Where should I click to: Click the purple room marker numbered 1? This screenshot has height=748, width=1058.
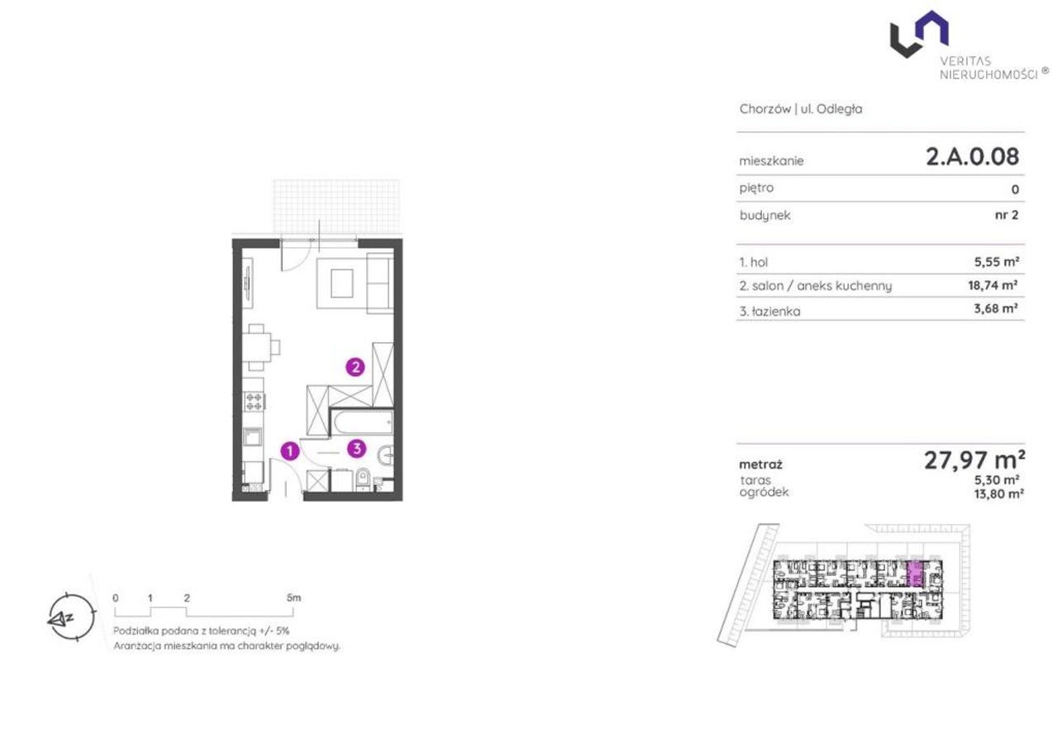pos(290,450)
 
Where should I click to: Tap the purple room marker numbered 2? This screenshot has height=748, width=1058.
pos(355,367)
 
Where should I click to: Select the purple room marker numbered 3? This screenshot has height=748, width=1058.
pos(356,448)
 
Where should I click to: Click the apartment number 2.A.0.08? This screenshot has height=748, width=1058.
pos(973,157)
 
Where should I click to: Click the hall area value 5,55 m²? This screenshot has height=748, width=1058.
pos(997,261)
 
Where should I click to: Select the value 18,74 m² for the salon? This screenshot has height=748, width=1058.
pos(993,285)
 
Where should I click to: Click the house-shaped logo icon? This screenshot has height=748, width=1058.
pos(919,34)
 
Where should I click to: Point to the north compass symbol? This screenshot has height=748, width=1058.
pos(71,617)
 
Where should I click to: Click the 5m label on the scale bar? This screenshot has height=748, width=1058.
pos(293,598)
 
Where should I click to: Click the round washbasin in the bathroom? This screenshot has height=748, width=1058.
pos(386,455)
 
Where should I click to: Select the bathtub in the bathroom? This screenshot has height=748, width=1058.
pos(362,422)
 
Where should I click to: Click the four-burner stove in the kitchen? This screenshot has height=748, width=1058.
pos(254,401)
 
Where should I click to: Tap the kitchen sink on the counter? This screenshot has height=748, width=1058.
pos(252,436)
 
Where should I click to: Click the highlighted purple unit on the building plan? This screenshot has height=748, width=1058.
pos(915,574)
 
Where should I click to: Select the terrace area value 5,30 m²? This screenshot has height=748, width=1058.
pos(997,479)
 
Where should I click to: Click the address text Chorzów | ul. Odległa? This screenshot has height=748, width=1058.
pos(801,109)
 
